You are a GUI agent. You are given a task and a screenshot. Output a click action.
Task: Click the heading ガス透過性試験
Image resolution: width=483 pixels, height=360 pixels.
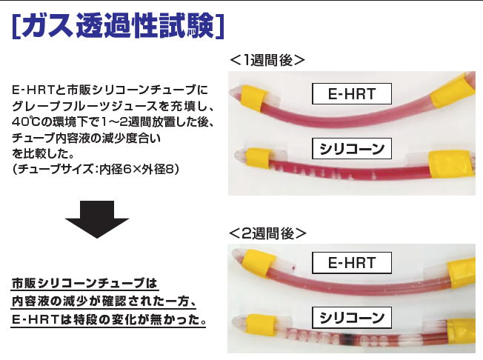click(x=118, y=26)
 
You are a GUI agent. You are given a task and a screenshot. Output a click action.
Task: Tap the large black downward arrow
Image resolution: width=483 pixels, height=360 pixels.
click(x=97, y=219)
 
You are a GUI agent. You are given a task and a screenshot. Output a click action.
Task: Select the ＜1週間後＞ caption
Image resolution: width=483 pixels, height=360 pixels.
click(x=267, y=60)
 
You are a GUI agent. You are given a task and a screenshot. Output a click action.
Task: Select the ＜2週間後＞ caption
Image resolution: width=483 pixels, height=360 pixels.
click(x=267, y=233)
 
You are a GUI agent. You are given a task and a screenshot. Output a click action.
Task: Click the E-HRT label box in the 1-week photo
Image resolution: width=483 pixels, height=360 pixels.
click(x=352, y=93)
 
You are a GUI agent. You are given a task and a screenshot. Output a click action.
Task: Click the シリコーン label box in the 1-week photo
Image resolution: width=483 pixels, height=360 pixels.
click(x=352, y=149)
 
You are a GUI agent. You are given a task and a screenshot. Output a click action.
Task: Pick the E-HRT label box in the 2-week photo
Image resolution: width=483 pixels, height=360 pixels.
click(x=352, y=263)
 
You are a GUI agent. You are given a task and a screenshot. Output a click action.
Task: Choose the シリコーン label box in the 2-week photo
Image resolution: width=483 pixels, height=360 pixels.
click(x=352, y=318)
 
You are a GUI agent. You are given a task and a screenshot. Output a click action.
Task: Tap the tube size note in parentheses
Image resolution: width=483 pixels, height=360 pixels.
click(x=96, y=169)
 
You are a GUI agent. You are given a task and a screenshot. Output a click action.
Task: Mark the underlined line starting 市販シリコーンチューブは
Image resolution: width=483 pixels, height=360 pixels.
click(x=84, y=284)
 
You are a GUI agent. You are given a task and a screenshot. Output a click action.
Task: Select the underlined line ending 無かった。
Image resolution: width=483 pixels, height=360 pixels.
click(x=108, y=320)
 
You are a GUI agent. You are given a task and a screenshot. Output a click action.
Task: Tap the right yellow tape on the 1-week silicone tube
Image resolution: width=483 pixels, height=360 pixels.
click(x=449, y=164)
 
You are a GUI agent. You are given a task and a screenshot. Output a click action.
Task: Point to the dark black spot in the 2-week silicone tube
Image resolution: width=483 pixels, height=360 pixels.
click(x=347, y=338)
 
